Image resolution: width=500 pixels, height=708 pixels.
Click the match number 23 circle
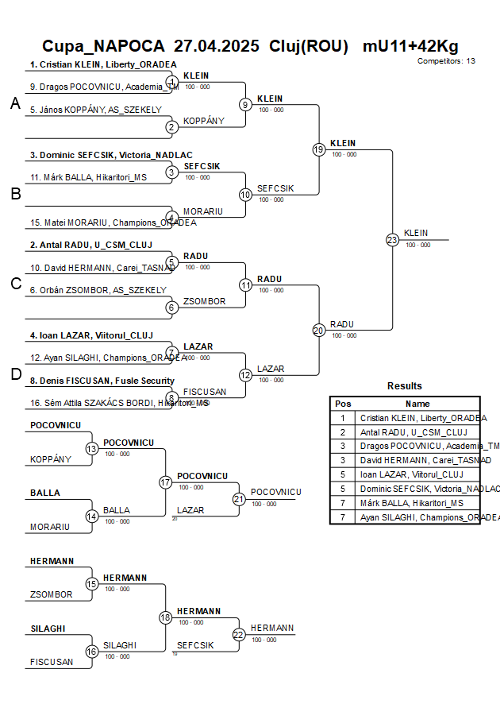[x=392, y=239]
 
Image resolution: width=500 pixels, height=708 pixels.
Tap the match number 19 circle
[x=319, y=149]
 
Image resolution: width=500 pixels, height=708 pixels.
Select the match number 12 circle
[x=245, y=374]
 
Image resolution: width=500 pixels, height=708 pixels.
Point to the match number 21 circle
[x=239, y=499]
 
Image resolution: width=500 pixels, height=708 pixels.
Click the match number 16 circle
[x=92, y=652]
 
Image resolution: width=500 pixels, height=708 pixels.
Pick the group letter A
[x=15, y=104]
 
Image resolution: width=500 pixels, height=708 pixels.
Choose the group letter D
[x=15, y=374]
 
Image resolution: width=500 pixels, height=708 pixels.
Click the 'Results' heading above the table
[x=405, y=386]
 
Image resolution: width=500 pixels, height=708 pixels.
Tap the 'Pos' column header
[x=343, y=404]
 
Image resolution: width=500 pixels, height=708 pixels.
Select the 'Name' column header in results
[x=417, y=404]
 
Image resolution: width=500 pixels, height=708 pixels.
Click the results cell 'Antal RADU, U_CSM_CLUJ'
[x=413, y=432]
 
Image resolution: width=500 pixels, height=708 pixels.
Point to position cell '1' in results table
[x=343, y=418]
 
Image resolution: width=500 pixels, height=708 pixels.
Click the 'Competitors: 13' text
[x=446, y=61]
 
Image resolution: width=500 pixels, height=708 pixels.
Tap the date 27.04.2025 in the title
[x=216, y=46]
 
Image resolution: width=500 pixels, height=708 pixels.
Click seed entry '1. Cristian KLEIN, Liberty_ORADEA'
[x=103, y=65]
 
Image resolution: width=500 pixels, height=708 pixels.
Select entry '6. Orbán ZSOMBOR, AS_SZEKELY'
[x=98, y=290]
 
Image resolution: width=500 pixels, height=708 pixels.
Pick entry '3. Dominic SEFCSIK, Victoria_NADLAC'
[x=111, y=155]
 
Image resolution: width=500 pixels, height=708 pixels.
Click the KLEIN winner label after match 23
[x=416, y=233]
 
